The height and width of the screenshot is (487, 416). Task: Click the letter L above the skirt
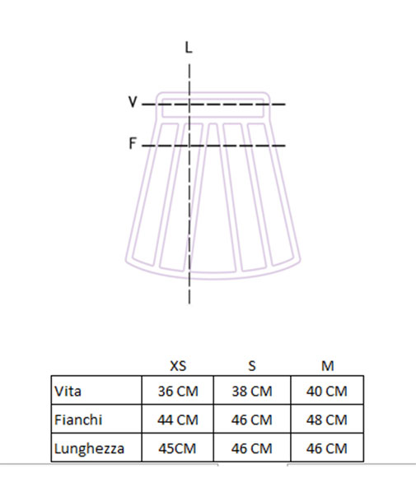pyautogui.click(x=189, y=48)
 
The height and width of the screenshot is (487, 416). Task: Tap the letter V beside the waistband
pyautogui.click(x=133, y=101)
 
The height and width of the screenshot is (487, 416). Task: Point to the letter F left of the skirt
pyautogui.click(x=133, y=143)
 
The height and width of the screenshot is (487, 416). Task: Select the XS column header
pyautogui.click(x=178, y=366)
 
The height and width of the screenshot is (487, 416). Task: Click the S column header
pyautogui.click(x=252, y=366)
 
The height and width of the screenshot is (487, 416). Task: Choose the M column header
pyautogui.click(x=327, y=366)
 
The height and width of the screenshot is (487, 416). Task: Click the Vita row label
pyautogui.click(x=68, y=391)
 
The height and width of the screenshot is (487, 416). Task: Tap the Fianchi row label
pyautogui.click(x=78, y=420)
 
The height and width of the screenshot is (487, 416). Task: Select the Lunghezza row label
pyautogui.click(x=89, y=448)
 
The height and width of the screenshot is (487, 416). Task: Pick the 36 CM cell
pyautogui.click(x=178, y=391)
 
